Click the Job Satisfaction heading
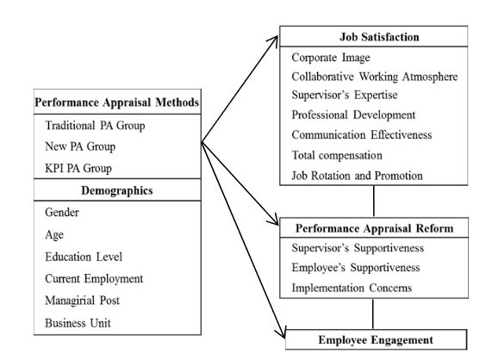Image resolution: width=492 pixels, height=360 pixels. pos(379,37)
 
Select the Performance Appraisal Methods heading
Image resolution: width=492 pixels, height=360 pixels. pos(116,102)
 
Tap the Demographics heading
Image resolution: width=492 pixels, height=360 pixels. pos(116,190)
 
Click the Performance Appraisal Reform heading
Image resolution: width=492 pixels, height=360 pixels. pos(374,228)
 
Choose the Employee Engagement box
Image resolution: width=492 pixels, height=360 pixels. pos(376,339)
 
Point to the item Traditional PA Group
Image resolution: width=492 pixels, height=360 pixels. pos(95,126)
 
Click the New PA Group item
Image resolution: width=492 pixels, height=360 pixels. pos(80,146)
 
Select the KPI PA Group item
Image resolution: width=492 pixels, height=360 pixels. pos(78,168)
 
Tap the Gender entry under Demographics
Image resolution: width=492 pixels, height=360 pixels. pos(62,213)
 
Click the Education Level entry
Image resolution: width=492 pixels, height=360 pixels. pos(84,257)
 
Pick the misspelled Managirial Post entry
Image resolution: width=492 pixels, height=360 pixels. pos(82,301)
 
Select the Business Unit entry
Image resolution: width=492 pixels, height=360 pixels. pos(78,323)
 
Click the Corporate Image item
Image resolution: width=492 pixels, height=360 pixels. pos(331,58)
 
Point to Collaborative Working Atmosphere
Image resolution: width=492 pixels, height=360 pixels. pos(375,77)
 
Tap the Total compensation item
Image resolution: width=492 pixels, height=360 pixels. pos(337,155)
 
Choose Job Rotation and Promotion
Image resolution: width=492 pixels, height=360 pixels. pos(357,176)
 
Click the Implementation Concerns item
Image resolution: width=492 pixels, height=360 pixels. pos(352,288)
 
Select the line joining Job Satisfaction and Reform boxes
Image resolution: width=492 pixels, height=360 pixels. pos(374,201)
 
